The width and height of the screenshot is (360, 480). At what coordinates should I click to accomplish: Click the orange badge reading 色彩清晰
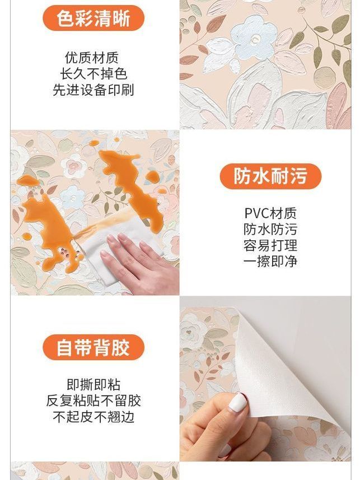[x=93, y=18]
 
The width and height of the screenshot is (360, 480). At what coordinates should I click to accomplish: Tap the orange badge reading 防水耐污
[x=270, y=176]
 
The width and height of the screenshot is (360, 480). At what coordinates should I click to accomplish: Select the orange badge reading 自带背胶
[x=93, y=347]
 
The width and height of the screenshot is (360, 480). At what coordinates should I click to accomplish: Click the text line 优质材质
[x=92, y=58]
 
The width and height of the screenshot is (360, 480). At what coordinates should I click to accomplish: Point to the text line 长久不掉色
[x=93, y=74]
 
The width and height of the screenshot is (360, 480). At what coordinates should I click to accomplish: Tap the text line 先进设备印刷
[x=93, y=90]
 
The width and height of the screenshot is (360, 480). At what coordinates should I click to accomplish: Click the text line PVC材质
[x=270, y=213]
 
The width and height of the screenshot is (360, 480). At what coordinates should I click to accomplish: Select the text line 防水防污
[x=270, y=229]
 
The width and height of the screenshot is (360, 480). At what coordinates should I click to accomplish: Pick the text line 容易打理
[x=270, y=245]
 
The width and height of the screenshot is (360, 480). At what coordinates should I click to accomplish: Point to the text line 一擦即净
[x=270, y=262]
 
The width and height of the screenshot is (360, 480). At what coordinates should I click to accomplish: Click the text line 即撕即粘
[x=93, y=384]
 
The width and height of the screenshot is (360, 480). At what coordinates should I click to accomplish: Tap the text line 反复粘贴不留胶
[x=93, y=400]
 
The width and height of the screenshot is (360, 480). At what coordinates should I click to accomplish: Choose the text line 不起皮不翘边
[x=93, y=417]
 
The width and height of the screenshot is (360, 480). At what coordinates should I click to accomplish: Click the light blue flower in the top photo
[x=253, y=39]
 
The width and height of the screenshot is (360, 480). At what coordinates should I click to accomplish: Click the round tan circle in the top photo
[x=325, y=77]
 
